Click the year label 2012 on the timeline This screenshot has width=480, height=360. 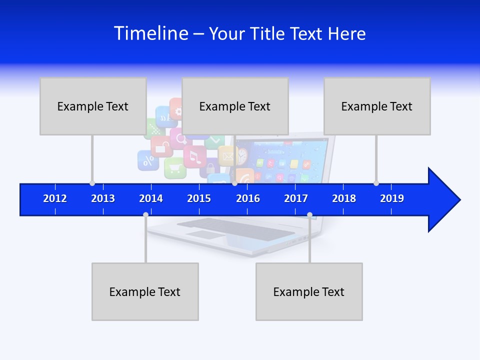pyautogui.click(x=55, y=198)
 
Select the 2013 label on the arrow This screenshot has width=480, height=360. pyautogui.click(x=103, y=198)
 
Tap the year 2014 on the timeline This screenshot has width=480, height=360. pyautogui.click(x=151, y=198)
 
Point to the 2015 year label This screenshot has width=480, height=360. pyautogui.click(x=199, y=198)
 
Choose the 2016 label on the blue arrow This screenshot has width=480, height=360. pyautogui.click(x=248, y=198)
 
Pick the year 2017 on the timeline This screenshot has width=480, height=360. pyautogui.click(x=296, y=198)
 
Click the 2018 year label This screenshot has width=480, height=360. pyautogui.click(x=344, y=198)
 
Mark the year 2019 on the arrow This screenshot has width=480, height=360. pyautogui.click(x=392, y=198)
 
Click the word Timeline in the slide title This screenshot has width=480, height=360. pyautogui.click(x=151, y=33)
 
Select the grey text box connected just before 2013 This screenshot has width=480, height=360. pyautogui.click(x=93, y=106)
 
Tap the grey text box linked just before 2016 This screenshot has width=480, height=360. pyautogui.click(x=235, y=106)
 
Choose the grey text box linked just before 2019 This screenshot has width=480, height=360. pyautogui.click(x=377, y=106)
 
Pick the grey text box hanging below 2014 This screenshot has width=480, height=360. pyautogui.click(x=145, y=291)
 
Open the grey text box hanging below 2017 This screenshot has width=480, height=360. pyautogui.click(x=309, y=291)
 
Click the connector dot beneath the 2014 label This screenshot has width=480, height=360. pyautogui.click(x=145, y=215)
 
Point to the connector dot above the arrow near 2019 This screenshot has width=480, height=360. pyautogui.click(x=376, y=183)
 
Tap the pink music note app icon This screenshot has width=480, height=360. pyautogui.click(x=194, y=156)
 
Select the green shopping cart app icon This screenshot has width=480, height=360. pyautogui.click(x=175, y=168)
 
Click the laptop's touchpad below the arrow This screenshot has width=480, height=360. pyautogui.click(x=202, y=234)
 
